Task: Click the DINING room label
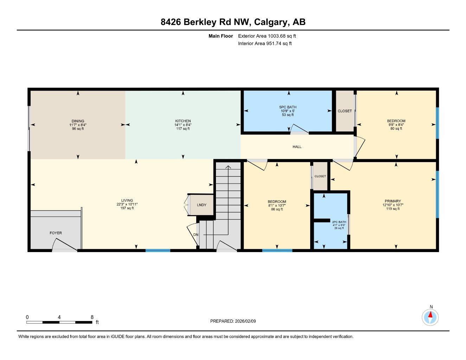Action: (x=78, y=121)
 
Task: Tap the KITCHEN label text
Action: (x=183, y=121)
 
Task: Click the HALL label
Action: (x=297, y=147)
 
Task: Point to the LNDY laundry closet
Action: (x=202, y=205)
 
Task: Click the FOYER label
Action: (x=56, y=233)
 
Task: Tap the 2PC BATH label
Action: (x=339, y=222)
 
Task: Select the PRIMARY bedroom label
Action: (x=392, y=201)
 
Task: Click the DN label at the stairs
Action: (x=196, y=235)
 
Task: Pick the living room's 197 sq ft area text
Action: (x=127, y=208)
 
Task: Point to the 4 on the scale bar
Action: (x=59, y=317)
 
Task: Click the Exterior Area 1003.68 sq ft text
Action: (x=267, y=36)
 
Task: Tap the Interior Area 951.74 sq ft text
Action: (x=265, y=44)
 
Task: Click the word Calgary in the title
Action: (x=271, y=22)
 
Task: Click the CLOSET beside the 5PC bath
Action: (x=345, y=111)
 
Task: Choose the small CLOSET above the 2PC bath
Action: (x=320, y=176)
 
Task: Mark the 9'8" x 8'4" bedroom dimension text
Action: (x=396, y=125)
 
